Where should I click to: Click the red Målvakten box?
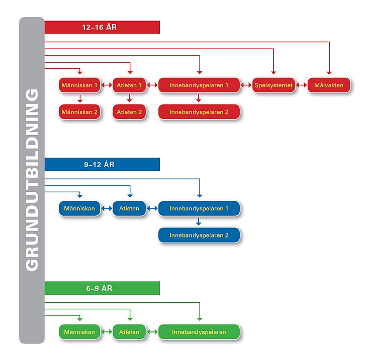coord(329,85)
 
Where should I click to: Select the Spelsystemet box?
coord(273,85)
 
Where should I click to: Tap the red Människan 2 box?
coord(79,112)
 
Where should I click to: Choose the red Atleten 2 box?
coord(129,112)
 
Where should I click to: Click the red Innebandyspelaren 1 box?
coord(199,85)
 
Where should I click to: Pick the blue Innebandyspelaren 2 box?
coord(199,235)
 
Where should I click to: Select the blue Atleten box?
coord(129,208)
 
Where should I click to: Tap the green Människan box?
coord(79,332)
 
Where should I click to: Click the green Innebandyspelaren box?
coord(199,332)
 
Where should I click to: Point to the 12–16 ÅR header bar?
coord(102,27)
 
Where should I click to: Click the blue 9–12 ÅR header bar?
coord(102,164)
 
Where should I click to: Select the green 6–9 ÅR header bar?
coord(102,288)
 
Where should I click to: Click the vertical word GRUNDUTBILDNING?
coord(32,180)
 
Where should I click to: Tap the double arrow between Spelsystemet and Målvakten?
coord(301,85)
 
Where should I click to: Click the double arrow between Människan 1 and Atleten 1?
coord(107,85)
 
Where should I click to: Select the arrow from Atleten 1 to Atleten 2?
coord(129,98)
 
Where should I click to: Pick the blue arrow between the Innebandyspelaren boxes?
coord(199,221)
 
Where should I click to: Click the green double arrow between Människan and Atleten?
coord(107,332)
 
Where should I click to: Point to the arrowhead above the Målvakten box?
coord(329,73)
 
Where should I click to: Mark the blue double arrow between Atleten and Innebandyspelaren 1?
coord(152,208)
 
